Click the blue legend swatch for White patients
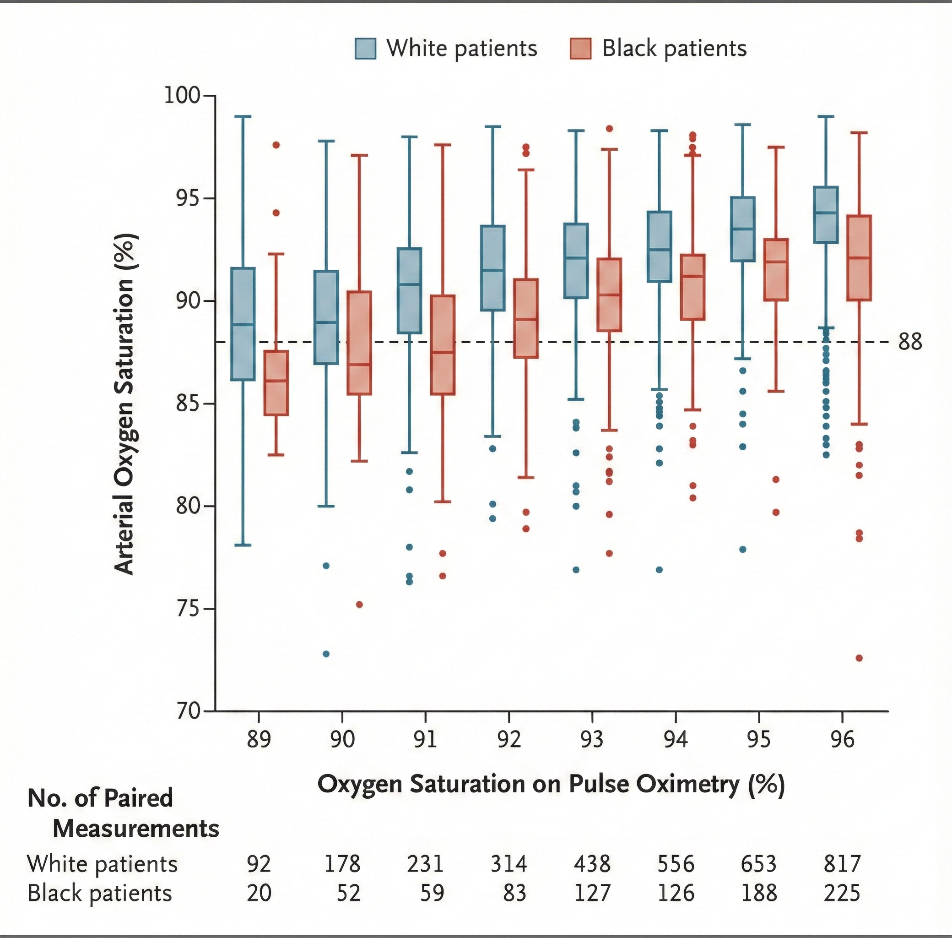click(365, 49)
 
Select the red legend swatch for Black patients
click(580, 49)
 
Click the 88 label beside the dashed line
click(910, 342)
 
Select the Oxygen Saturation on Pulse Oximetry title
click(551, 784)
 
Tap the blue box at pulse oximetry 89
click(243, 324)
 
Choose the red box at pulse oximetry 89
click(276, 383)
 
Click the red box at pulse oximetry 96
click(859, 258)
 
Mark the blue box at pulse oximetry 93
click(576, 261)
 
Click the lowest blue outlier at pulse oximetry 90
click(326, 654)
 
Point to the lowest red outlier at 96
click(859, 658)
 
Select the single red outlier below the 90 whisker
click(359, 605)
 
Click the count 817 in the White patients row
click(842, 864)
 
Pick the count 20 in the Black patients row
click(259, 893)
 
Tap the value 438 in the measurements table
click(592, 864)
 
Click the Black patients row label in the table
click(99, 893)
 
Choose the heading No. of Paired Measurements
click(123, 813)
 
